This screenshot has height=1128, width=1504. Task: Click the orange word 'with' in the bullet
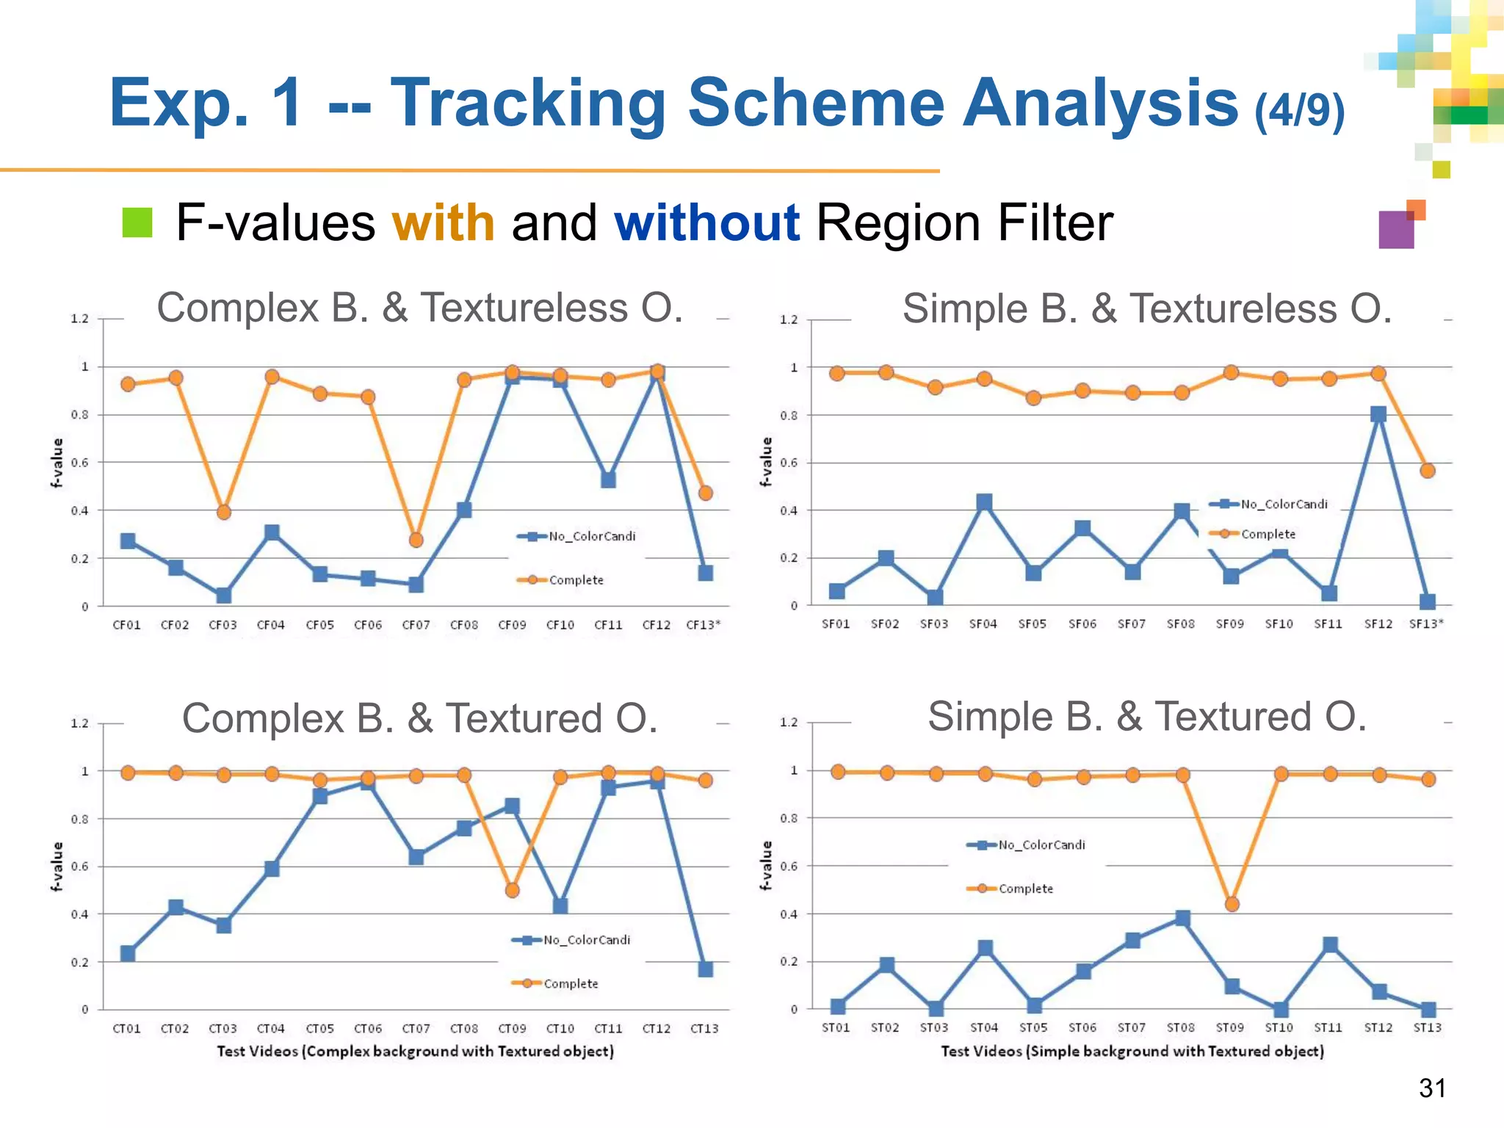pos(443,223)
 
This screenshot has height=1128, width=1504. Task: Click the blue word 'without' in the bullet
pos(706,223)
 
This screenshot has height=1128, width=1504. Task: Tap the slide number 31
pos(1432,1088)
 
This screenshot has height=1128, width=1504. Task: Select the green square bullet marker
pos(137,223)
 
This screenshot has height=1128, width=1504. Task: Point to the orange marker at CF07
pos(416,540)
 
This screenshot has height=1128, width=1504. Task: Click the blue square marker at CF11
pos(608,480)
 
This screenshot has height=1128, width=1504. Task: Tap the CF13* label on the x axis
pos(703,625)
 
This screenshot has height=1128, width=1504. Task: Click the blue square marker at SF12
pos(1378,414)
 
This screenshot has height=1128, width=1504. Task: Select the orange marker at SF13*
pos(1428,471)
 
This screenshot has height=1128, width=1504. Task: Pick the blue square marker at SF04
pos(984,502)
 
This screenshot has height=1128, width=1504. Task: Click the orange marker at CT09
pos(513,890)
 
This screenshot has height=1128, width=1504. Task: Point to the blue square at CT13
pos(705,969)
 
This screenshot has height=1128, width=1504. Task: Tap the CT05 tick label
pos(319,1028)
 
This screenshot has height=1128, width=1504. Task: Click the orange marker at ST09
pos(1232,904)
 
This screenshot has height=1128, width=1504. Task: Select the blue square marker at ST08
pos(1182,918)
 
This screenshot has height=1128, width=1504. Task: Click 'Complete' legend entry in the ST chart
pos(1025,889)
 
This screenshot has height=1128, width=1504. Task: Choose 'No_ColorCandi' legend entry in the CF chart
pos(591,536)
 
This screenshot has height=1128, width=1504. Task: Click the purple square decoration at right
pos(1395,230)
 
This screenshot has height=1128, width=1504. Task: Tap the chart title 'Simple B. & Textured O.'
pos(1147,717)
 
